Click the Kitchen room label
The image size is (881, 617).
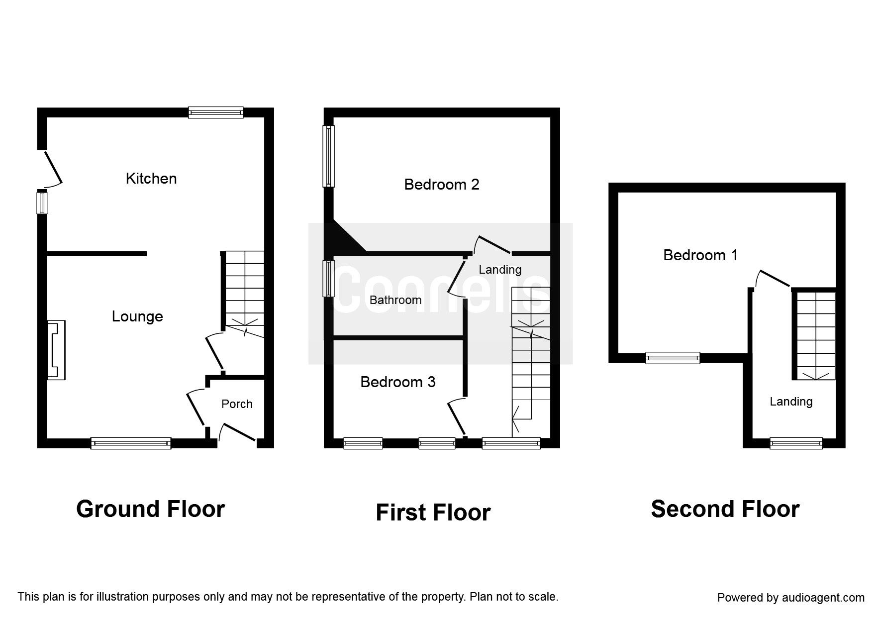click(x=151, y=179)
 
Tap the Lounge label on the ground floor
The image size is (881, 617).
click(x=137, y=316)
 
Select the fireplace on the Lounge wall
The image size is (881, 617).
click(x=56, y=350)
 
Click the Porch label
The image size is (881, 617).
click(x=237, y=404)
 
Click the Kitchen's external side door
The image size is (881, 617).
click(x=53, y=168)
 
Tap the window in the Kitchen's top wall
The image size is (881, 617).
click(x=215, y=113)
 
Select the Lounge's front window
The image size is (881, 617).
click(x=131, y=443)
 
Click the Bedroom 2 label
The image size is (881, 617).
click(x=441, y=185)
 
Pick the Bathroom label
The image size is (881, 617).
click(x=395, y=300)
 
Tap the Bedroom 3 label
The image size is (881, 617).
click(x=397, y=382)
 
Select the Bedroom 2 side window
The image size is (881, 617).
click(x=329, y=156)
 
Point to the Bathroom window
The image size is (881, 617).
click(x=329, y=279)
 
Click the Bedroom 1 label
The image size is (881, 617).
click(x=700, y=255)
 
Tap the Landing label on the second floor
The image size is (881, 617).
click(x=791, y=402)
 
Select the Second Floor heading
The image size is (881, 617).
click(x=725, y=509)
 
